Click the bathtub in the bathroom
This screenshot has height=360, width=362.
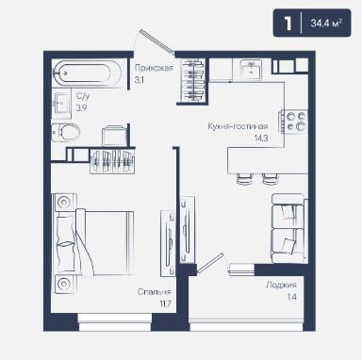pyautogui.click(x=88, y=74)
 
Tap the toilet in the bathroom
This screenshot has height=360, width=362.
pyautogui.click(x=65, y=132)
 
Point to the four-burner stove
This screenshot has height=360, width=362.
pyautogui.click(x=294, y=122)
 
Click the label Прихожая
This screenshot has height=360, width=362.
pyautogui.click(x=154, y=68)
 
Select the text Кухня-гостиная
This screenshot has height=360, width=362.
pyautogui.click(x=238, y=126)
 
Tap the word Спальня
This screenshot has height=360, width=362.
pyautogui.click(x=155, y=292)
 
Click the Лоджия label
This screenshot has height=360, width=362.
pyautogui.click(x=281, y=285)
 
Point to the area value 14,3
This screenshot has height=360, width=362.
pyautogui.click(x=261, y=138)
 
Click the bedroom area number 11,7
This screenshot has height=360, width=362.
pyautogui.click(x=164, y=303)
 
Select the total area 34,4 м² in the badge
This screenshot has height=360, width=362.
pyautogui.click(x=326, y=23)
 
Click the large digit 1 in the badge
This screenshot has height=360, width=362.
pyautogui.click(x=288, y=24)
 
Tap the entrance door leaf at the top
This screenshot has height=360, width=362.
pyautogui.click(x=156, y=41)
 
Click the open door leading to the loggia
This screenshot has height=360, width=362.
pyautogui.click(x=210, y=263)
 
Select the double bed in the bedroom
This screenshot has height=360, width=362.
pyautogui.click(x=94, y=243)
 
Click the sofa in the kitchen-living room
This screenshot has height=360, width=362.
pyautogui.click(x=289, y=228)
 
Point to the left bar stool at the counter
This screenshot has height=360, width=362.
pyautogui.click(x=244, y=179)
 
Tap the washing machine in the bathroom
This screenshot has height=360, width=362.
pyautogui.click(x=114, y=136)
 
